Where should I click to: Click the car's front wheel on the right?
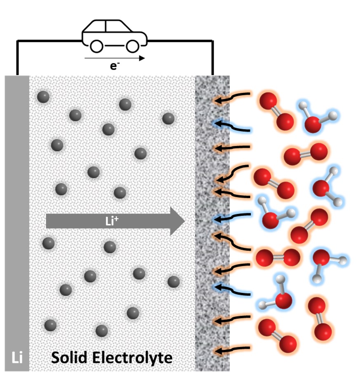pos(132,46)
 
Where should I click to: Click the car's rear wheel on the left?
pos(97,46)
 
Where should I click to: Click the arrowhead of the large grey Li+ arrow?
pos(177,221)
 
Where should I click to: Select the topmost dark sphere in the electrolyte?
pos(43,97)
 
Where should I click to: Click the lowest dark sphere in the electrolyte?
pos(101,330)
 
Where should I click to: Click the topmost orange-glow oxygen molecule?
pos(276,110)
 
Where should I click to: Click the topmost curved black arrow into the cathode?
pos(233,98)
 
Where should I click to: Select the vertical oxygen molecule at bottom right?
pos(320,318)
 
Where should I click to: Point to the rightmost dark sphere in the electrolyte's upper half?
pos(168,119)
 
